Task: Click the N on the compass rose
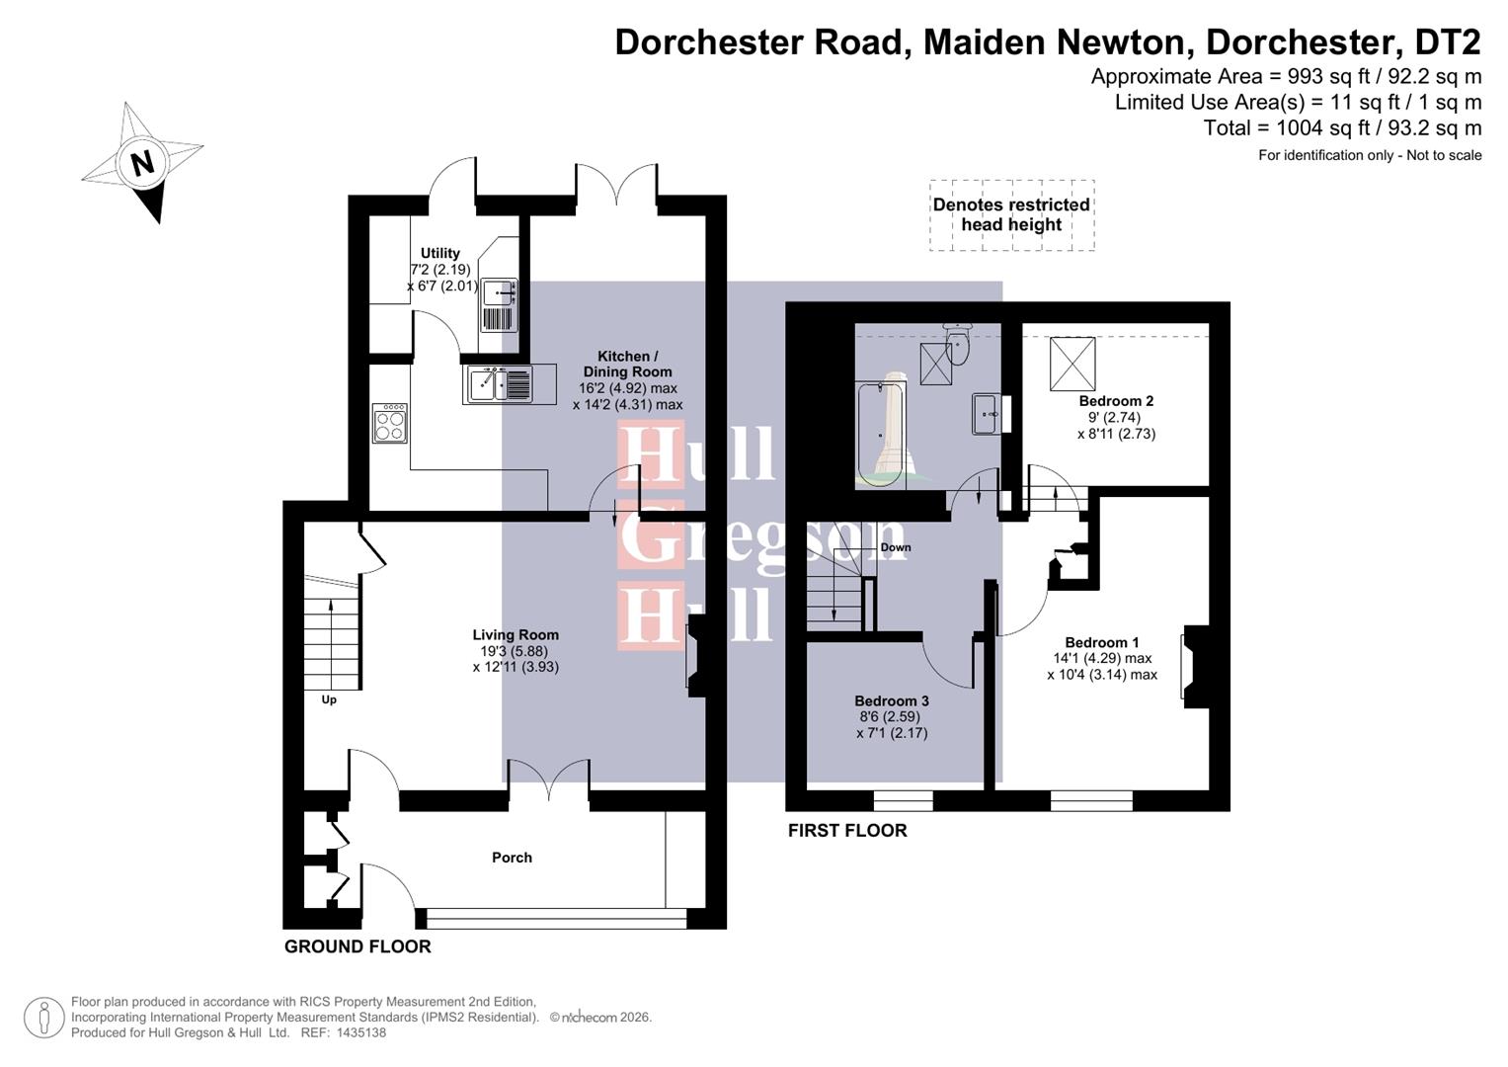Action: (x=143, y=162)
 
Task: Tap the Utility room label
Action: (x=439, y=253)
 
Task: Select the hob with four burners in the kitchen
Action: (x=389, y=423)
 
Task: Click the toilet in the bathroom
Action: (x=956, y=341)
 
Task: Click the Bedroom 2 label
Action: (x=1116, y=401)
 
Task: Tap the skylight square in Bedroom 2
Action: (x=1072, y=364)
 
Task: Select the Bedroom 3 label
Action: (x=892, y=700)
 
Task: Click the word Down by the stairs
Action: (x=896, y=547)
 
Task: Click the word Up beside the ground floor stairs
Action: (x=329, y=699)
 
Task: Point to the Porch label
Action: (x=512, y=858)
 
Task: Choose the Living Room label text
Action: (x=516, y=635)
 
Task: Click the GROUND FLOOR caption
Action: (x=357, y=946)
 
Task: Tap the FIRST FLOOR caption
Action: (x=847, y=831)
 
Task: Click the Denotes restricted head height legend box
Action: (x=1011, y=215)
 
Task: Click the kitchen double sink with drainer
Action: (x=500, y=384)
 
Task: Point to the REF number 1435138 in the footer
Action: (x=361, y=1032)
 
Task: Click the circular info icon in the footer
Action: (x=43, y=1018)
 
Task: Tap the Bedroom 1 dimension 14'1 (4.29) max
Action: (x=1102, y=658)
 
